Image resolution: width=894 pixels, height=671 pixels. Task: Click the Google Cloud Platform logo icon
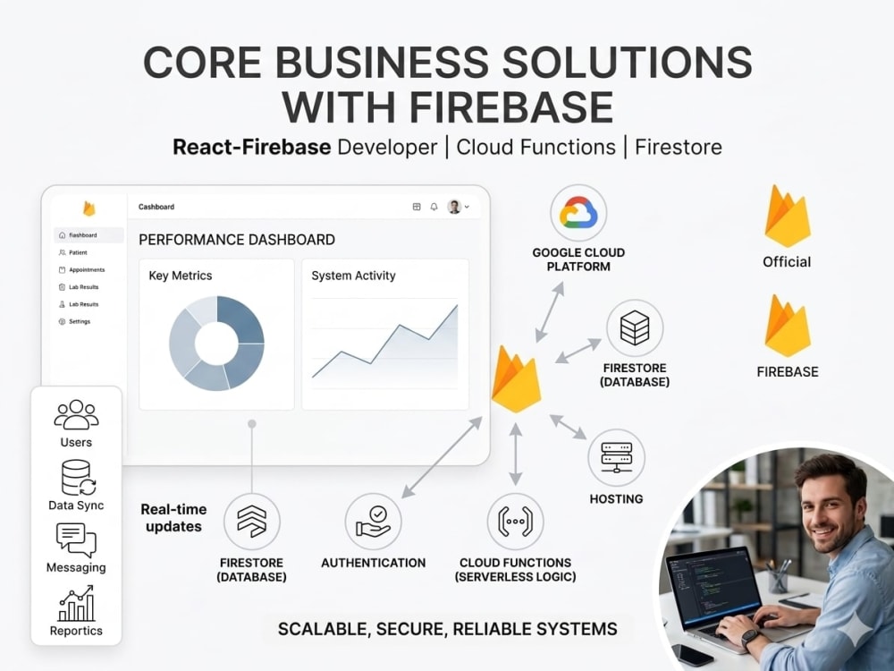[x=578, y=214]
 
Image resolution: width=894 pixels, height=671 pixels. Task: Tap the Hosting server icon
[x=616, y=457]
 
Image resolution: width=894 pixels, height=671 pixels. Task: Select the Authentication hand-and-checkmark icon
[x=374, y=522]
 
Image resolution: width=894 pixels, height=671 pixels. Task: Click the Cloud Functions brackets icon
[x=516, y=522]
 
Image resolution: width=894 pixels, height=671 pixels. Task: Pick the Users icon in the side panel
[x=76, y=414]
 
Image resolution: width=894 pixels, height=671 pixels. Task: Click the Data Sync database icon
[x=78, y=478]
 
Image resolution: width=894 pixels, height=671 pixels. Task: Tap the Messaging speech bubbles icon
[x=76, y=540]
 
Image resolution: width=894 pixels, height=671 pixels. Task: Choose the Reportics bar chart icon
[x=76, y=604]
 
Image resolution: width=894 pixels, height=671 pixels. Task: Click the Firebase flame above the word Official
[x=788, y=216]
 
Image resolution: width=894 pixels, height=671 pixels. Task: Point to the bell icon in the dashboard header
[x=434, y=207]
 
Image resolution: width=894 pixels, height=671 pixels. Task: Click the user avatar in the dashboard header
[x=454, y=207]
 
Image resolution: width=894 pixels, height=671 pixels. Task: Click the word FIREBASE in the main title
[x=511, y=106]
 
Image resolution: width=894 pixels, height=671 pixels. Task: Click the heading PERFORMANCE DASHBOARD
[x=237, y=240]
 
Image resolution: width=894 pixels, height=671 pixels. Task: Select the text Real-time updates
[x=174, y=517]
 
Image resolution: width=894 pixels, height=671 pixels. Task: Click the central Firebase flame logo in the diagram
[x=516, y=378]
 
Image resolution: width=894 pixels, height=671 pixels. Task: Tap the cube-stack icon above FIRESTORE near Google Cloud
[x=635, y=328]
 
